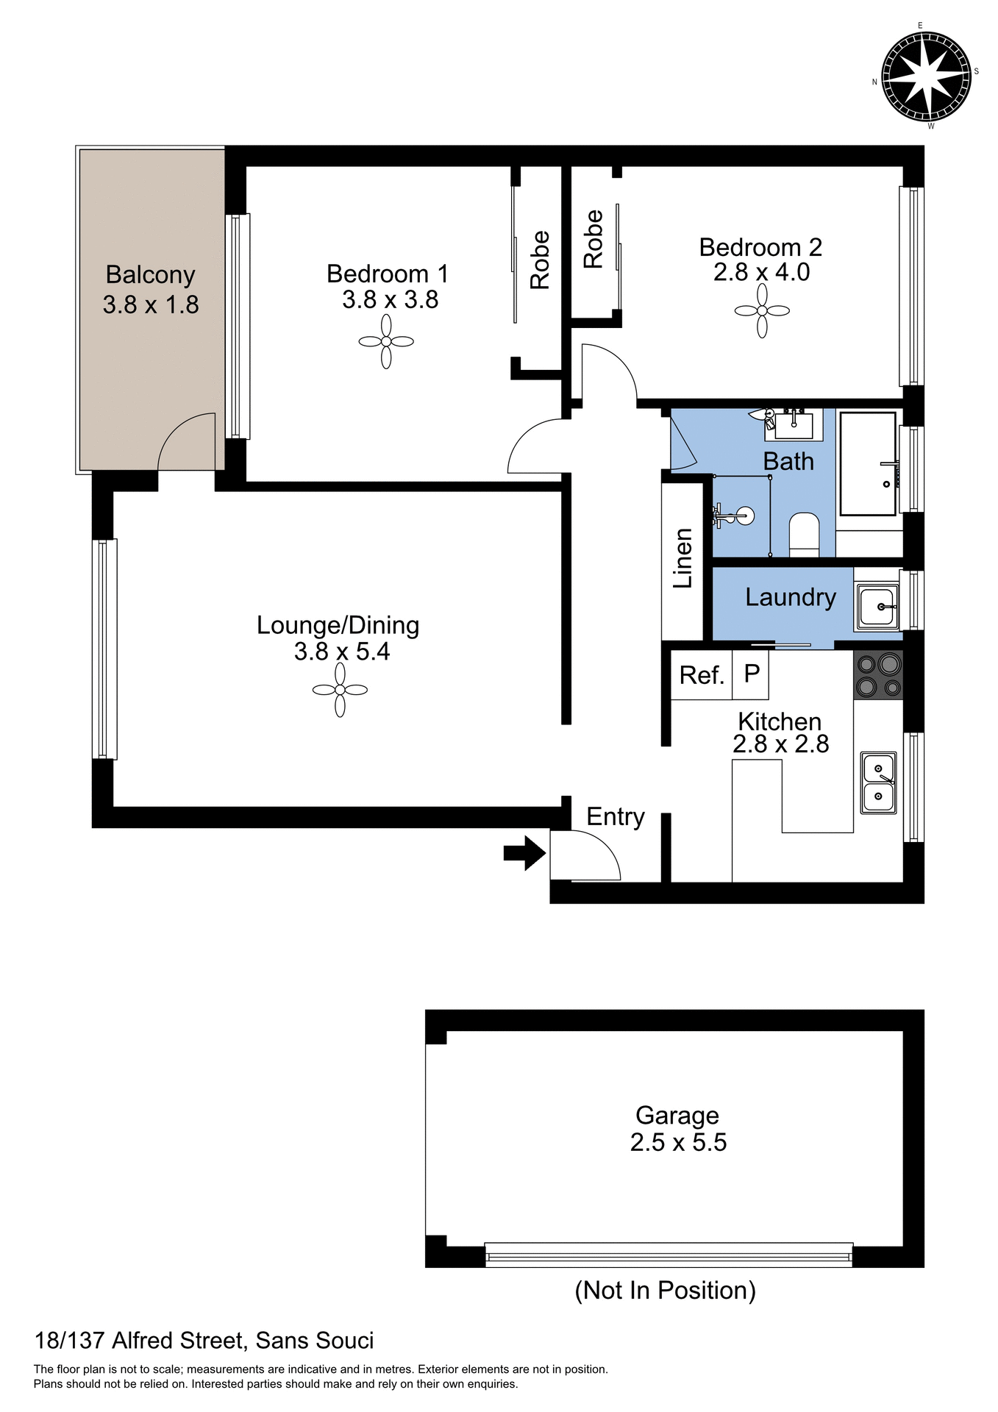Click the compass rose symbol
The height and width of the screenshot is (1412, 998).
[x=926, y=76]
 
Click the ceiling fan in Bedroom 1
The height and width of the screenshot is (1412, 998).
[x=386, y=341]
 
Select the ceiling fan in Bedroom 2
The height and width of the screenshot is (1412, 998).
[x=762, y=311]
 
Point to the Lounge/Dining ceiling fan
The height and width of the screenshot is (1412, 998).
[x=340, y=690]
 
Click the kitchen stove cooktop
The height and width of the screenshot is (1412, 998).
[x=878, y=675]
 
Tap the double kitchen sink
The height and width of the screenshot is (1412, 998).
[x=878, y=782]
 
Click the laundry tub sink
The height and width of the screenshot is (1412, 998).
[x=877, y=607]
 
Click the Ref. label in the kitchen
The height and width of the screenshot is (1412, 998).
[x=702, y=675]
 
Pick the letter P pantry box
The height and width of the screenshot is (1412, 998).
[x=752, y=673]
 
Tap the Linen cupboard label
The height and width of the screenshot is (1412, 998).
[x=683, y=558]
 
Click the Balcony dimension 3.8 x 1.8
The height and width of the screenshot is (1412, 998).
[x=151, y=304]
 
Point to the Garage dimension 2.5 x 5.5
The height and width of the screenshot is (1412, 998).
[x=678, y=1142]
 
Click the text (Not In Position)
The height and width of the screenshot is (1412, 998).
[x=665, y=1290]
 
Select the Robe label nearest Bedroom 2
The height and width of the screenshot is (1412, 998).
[x=593, y=239]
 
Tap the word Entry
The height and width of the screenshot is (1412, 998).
[x=616, y=816]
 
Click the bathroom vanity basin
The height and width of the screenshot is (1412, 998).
[x=794, y=425]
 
